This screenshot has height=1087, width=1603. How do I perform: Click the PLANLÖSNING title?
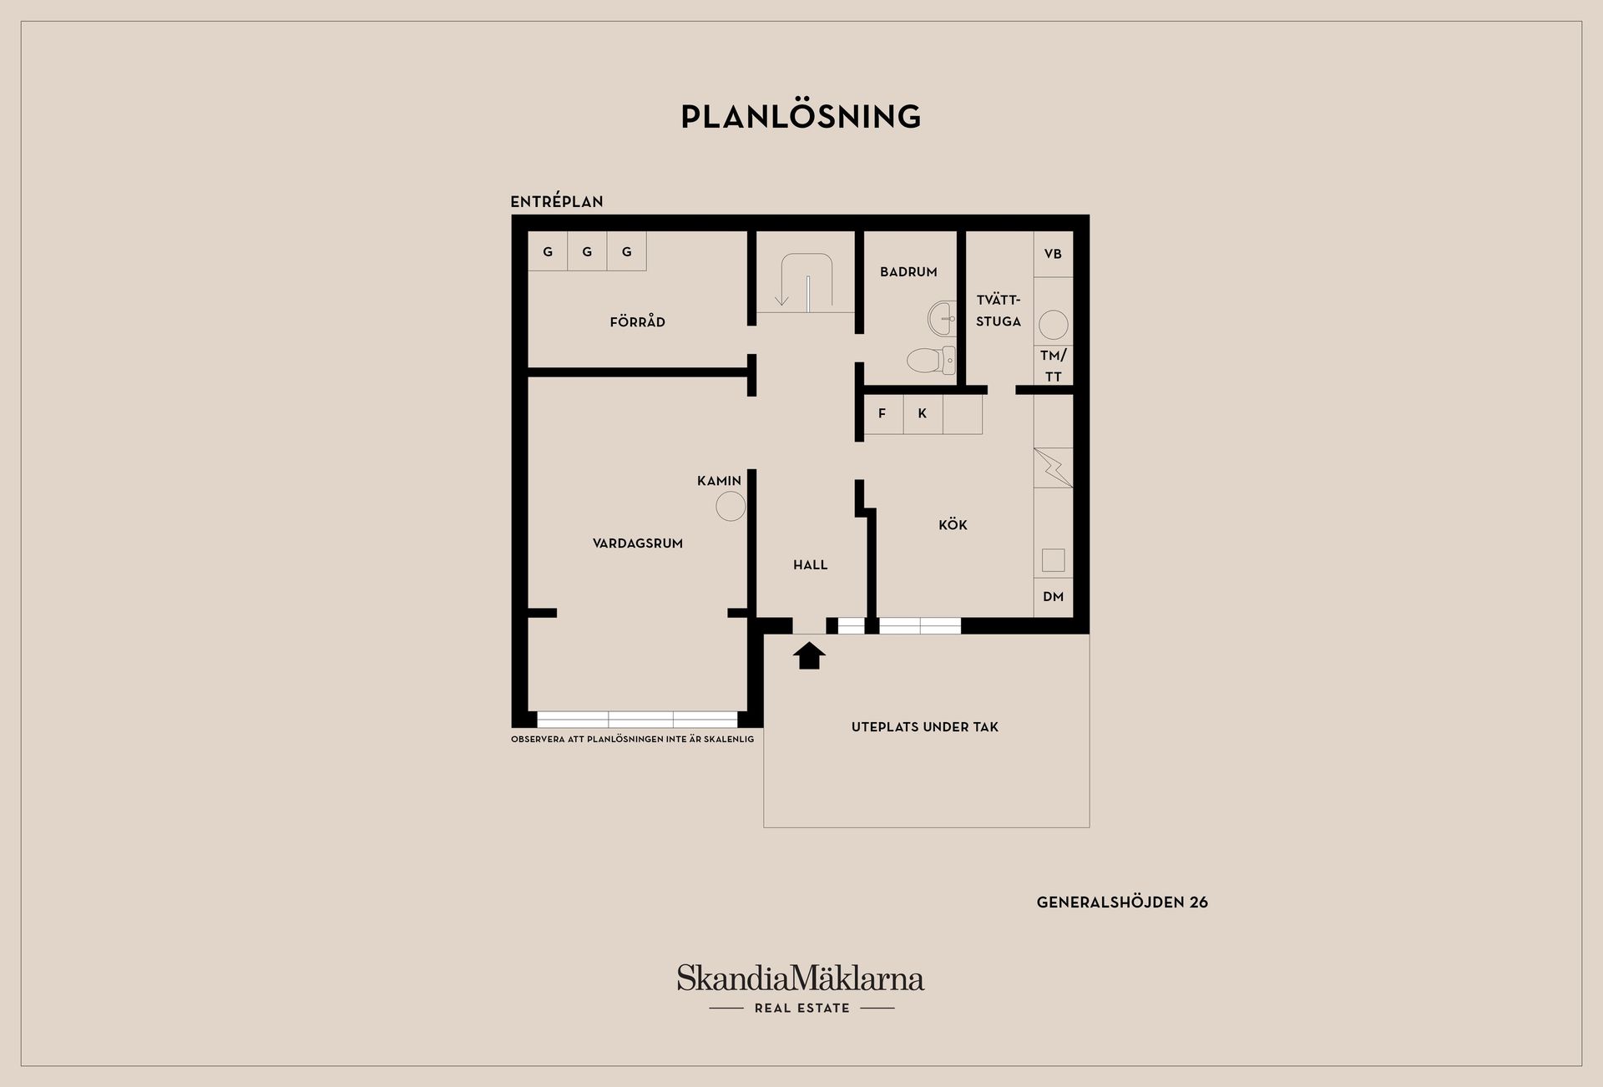(801, 117)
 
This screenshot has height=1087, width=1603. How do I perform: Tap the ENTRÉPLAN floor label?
(557, 201)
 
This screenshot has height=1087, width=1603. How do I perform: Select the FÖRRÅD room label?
(637, 321)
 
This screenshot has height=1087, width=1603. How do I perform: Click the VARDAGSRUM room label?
(637, 543)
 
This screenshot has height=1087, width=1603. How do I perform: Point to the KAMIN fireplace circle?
(731, 506)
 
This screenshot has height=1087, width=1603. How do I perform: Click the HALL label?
(810, 564)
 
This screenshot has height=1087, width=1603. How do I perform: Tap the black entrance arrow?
(808, 655)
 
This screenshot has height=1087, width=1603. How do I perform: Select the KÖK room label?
(953, 524)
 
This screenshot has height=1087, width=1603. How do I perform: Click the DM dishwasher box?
(1053, 597)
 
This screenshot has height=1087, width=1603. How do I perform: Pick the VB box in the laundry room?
(1053, 254)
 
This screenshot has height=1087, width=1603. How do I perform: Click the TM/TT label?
(1053, 366)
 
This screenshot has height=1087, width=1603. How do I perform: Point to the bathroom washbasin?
(943, 317)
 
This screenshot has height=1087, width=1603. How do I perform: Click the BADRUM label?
(908, 271)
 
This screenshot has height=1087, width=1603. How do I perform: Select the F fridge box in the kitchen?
(882, 413)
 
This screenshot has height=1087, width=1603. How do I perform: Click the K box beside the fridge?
(923, 413)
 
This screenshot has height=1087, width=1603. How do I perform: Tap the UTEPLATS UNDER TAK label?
(924, 726)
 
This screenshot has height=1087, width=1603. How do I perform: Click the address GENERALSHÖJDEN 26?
(1121, 902)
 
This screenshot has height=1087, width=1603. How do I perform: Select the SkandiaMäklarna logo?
(801, 979)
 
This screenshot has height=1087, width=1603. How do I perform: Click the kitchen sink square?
(1053, 560)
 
